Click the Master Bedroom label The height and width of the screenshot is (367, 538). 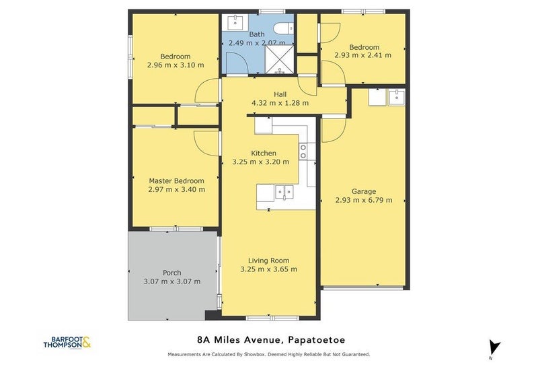coord(176,180)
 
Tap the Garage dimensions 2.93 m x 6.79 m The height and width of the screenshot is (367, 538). coord(364,200)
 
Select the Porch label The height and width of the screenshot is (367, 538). coord(172,273)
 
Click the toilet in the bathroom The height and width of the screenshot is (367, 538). coord(284,28)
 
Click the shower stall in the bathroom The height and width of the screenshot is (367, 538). coord(280,59)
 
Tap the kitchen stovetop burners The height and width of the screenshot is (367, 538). coord(303,152)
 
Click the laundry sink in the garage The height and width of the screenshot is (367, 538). coord(396,97)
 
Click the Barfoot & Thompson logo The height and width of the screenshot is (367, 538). coord(67,342)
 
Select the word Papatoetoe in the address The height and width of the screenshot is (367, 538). coord(317,340)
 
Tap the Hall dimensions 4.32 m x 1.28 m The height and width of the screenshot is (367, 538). coord(280,103)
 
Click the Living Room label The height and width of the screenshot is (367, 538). coord(268,261)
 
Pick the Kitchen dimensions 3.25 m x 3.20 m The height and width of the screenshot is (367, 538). coord(261,162)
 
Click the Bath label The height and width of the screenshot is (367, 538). coord(257,34)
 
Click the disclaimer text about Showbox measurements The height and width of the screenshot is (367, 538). coord(269,354)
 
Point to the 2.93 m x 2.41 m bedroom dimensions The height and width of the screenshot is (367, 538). coord(363,55)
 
